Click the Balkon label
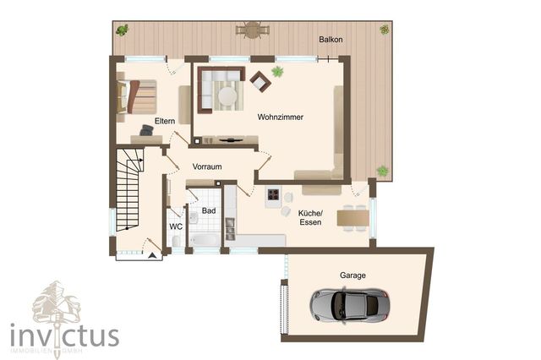[x=331, y=40]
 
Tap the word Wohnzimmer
[x=281, y=117]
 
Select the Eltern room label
[x=153, y=121]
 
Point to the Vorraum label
[x=206, y=166]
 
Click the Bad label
[x=209, y=210]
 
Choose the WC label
[x=176, y=226]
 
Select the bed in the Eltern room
[x=139, y=95]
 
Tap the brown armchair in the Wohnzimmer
[x=260, y=81]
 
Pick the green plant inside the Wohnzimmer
[x=277, y=72]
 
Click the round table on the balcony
[x=251, y=30]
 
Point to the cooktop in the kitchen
[x=273, y=197]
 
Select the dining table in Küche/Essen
[x=352, y=218]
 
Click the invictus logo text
[x=64, y=335]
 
